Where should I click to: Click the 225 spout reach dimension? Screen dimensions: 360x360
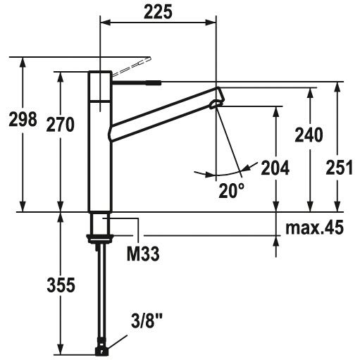tap(158, 12)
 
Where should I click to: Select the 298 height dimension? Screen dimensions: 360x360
tap(23, 119)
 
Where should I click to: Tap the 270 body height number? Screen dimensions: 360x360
tap(61, 125)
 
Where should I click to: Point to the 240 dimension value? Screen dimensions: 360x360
tap(309, 135)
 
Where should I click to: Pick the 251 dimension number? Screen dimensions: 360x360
tap(340, 168)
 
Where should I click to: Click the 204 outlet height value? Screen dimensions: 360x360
tap(275, 168)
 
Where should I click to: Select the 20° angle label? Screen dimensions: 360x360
tap(232, 190)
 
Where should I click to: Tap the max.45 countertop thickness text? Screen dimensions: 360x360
tap(315, 228)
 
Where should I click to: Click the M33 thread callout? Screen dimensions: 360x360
tap(143, 254)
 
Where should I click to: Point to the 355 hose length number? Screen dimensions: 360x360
tap(61, 285)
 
